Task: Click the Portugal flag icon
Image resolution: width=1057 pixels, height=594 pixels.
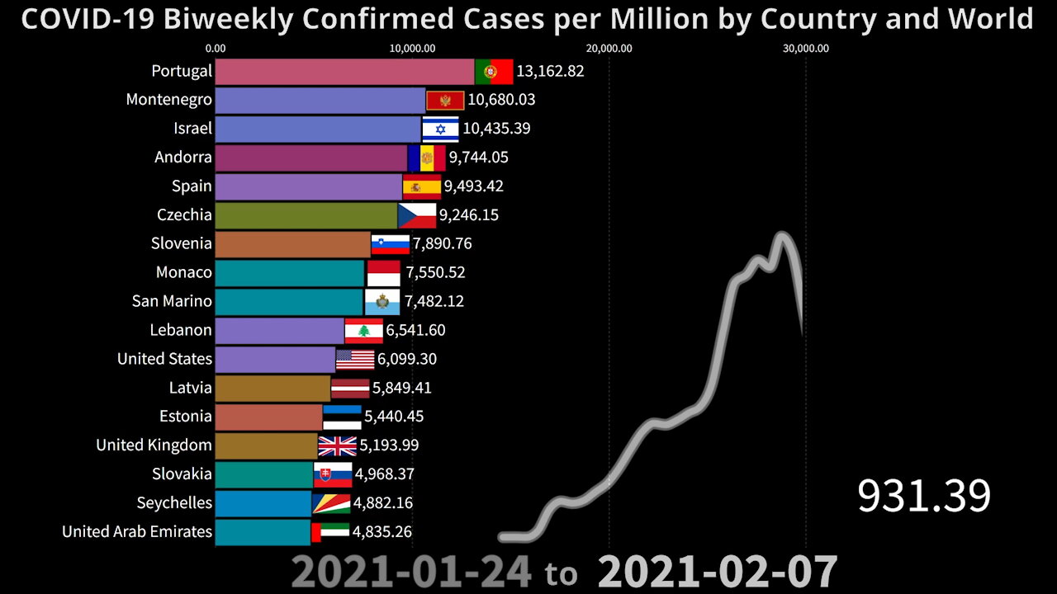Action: coord(494,72)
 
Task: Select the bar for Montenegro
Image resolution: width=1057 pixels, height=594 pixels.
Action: coord(320,100)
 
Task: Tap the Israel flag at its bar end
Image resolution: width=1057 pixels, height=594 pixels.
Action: coord(440,129)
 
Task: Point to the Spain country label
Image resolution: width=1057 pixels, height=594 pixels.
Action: coord(192,186)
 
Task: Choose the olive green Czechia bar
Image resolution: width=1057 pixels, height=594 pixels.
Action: coord(306,214)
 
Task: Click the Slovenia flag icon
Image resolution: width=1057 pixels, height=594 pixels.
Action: coord(390,243)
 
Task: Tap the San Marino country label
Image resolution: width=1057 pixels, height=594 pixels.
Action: coord(172,301)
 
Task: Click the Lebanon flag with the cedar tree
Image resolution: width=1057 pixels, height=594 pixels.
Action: coord(363,330)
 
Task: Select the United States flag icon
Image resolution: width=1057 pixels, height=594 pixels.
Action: coord(355,359)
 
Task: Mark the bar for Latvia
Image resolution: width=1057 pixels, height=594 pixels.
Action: coord(273,388)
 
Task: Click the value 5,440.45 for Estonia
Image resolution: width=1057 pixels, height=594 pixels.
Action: coord(394,417)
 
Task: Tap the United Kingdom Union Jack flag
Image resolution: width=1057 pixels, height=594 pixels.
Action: coord(337,445)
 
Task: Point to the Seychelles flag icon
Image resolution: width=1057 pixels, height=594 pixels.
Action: coord(330,502)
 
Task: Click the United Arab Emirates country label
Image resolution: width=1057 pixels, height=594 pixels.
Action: coord(137,531)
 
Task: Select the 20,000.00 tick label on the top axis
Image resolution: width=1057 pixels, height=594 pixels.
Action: coord(609,48)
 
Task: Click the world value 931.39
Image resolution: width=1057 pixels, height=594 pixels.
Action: coord(923,496)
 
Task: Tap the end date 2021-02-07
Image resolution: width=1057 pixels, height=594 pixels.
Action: coord(717,572)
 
